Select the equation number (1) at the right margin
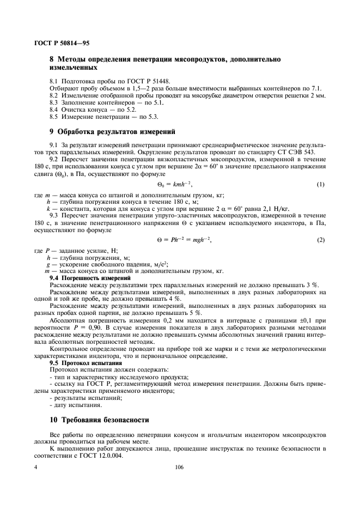320,185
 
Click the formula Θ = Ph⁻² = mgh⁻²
180,240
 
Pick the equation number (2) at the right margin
320,240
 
